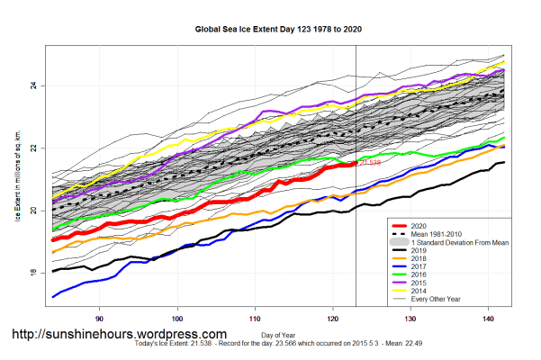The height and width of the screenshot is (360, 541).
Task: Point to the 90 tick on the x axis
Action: [x=100, y=318]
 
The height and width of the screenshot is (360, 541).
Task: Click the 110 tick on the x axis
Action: [x=255, y=318]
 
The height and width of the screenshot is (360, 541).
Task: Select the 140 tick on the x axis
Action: [x=488, y=318]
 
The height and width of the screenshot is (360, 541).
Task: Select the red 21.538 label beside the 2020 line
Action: [x=370, y=163]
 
